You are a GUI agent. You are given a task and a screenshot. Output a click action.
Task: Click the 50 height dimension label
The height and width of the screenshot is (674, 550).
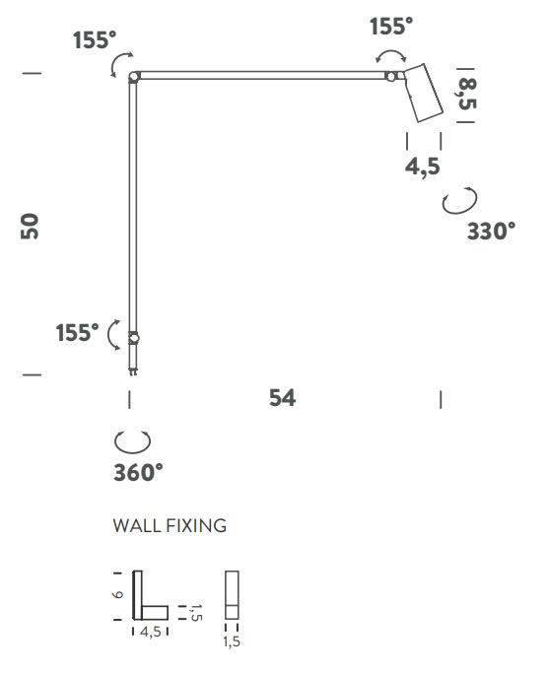tap(30, 226)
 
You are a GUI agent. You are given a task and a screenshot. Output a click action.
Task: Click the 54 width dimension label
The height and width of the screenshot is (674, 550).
tap(283, 398)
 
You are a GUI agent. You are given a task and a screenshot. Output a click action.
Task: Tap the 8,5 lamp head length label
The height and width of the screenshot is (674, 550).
tap(467, 95)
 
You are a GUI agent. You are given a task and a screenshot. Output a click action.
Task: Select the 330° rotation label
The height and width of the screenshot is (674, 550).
tap(491, 232)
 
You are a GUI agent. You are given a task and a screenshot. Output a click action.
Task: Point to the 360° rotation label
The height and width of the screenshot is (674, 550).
tap(138, 472)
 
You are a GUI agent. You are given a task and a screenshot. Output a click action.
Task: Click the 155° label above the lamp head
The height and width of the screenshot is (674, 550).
tap(391, 27)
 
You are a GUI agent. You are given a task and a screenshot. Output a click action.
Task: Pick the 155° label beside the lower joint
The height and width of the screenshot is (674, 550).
tap(78, 333)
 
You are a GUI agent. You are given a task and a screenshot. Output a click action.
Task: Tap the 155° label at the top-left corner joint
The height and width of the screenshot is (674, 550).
tap(95, 40)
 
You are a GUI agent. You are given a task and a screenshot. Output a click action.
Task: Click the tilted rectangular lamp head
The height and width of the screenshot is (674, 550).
tap(424, 93)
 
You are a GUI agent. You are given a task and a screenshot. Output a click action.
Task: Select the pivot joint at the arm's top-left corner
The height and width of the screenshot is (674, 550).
tap(134, 77)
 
